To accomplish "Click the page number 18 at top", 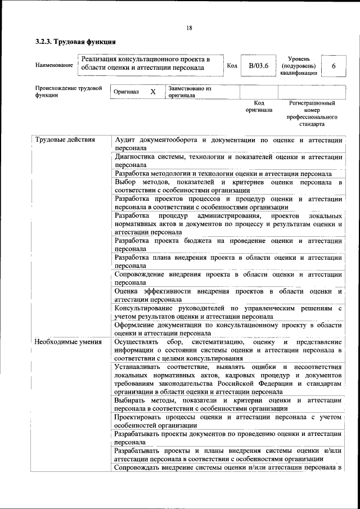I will [x=189, y=28].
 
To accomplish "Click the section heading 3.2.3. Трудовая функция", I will [x=75, y=42].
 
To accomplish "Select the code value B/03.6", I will [x=259, y=66].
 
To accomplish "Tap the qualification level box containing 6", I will [x=334, y=66].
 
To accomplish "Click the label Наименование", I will [x=54, y=66].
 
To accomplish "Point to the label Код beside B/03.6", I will [x=231, y=66].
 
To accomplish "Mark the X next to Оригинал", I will [x=152, y=92].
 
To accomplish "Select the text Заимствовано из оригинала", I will [x=189, y=92].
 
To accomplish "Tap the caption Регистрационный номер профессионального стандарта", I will [x=312, y=114].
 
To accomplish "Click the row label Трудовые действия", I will [x=65, y=139].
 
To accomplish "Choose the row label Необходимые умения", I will [x=68, y=341].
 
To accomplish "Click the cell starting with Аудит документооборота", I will [x=228, y=143].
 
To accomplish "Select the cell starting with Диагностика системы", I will [x=228, y=161].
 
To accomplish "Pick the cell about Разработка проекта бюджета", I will [x=228, y=245].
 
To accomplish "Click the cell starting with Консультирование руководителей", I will [x=228, y=312].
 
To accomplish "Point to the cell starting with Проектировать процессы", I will [x=228, y=421].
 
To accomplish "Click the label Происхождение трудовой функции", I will [x=69, y=92].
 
